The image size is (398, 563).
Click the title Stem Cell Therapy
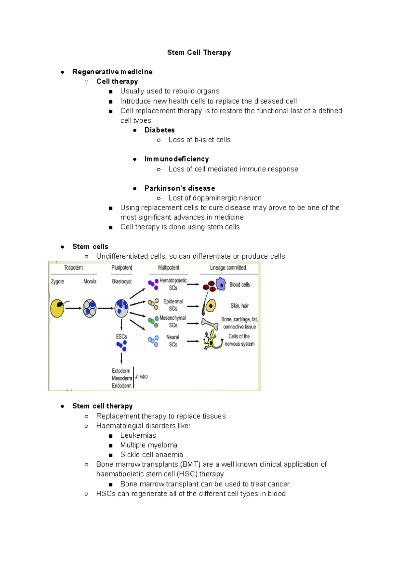point(199,52)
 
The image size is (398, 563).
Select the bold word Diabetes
point(160,130)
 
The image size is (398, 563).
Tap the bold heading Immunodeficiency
point(176,159)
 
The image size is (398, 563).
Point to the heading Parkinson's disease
point(180,188)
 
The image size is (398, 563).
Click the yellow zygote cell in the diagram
point(57,308)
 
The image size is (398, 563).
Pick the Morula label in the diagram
point(90,281)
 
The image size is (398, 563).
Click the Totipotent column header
point(74,268)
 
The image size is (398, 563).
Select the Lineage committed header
point(228,268)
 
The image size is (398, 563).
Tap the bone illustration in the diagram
point(210,324)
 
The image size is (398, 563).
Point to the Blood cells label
point(239,285)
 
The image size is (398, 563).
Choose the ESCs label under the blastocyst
point(121,337)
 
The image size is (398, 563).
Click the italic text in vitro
point(142,377)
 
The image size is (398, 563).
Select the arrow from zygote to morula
point(73,308)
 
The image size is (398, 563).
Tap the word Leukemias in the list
point(138,435)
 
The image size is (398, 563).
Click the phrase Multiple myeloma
point(149,445)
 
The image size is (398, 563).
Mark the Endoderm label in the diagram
point(121,386)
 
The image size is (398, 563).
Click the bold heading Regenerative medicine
point(112,72)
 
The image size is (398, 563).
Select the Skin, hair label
point(239,306)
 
